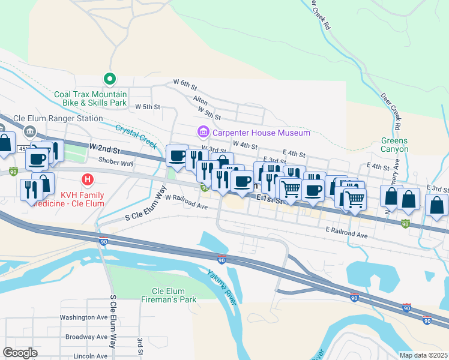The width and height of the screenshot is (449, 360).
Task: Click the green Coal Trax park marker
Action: (109, 79)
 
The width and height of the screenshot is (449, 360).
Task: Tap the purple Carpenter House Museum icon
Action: (202, 131)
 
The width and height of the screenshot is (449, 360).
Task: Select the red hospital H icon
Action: (88, 179)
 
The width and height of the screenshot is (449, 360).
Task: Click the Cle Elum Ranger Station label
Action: (58, 118)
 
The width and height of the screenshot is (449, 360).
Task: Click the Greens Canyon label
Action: (394, 145)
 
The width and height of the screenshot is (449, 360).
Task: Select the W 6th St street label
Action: (185, 82)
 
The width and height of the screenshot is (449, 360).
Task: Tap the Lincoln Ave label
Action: (91, 356)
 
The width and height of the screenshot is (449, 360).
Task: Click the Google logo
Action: (20, 353)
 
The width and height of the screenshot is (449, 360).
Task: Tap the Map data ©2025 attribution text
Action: (423, 355)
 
